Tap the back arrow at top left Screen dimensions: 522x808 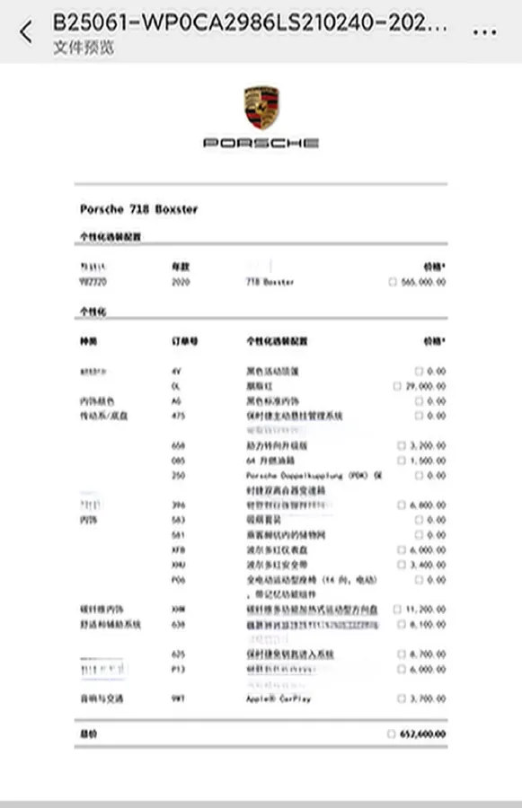[x=25, y=32]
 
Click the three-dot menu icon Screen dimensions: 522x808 [x=484, y=31]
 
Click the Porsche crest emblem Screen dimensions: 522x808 [x=261, y=108]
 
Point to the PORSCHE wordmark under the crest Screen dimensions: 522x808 [x=261, y=143]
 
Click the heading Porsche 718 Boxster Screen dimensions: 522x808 [x=138, y=209]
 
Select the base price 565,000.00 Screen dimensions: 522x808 [x=422, y=282]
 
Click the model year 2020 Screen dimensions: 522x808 [x=181, y=282]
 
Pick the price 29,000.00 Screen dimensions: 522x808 [x=424, y=386]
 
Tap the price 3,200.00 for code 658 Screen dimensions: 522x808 [x=426, y=445]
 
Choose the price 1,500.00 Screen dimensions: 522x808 [x=426, y=461]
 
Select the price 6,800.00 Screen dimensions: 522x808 [x=426, y=505]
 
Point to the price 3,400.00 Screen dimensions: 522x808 [x=426, y=565]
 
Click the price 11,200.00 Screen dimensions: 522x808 [x=424, y=609]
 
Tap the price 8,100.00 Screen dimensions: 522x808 [x=426, y=624]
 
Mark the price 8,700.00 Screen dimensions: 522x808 [x=426, y=654]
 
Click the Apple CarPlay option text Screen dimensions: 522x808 [x=278, y=698]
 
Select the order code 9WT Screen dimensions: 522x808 [x=178, y=698]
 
